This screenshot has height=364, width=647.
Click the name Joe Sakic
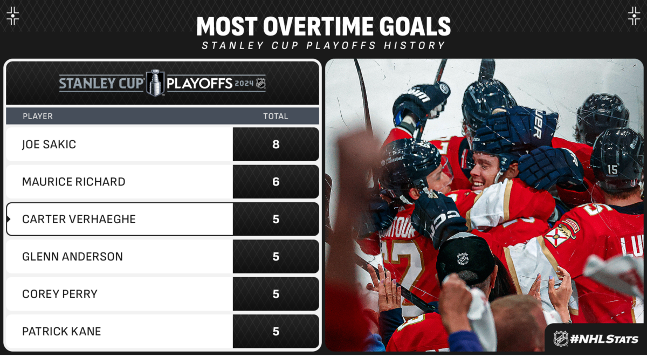49,144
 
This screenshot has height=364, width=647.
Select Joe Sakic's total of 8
276,144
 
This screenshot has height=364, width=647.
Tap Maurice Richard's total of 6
276,182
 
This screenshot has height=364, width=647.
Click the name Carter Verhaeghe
79,219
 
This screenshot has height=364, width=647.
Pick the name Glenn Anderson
72,257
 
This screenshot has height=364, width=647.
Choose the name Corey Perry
59,294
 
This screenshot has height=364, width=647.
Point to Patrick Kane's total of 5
276,331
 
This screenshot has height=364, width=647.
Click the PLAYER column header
38,116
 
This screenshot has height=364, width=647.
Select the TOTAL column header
276,116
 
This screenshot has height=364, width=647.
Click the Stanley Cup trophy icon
155,83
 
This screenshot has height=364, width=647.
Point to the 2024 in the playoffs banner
244,84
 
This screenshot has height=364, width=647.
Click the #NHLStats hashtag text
604,339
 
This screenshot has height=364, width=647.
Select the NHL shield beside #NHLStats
561,339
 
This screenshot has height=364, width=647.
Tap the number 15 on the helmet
612,169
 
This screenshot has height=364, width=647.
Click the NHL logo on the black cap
463,258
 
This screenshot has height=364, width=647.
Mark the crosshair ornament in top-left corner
13,16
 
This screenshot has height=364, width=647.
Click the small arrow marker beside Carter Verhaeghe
9,219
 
